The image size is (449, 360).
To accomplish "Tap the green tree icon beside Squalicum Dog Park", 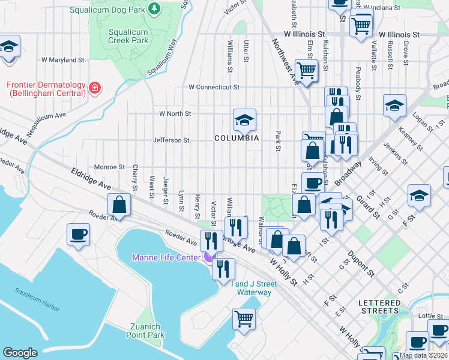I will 154,9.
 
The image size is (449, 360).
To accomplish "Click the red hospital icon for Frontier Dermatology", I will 94,89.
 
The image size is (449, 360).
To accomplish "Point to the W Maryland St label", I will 62,60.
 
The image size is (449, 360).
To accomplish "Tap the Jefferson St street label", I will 171,140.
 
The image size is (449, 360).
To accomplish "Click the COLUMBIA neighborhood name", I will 237,138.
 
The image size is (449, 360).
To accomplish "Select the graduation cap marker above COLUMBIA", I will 244,121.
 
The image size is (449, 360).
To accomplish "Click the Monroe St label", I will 109,167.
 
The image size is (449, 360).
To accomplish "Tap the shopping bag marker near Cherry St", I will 119,205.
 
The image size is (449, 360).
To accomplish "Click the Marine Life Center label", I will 166,258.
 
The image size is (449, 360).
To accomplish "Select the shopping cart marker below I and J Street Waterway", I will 244,319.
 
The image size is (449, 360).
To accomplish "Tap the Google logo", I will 20,352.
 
